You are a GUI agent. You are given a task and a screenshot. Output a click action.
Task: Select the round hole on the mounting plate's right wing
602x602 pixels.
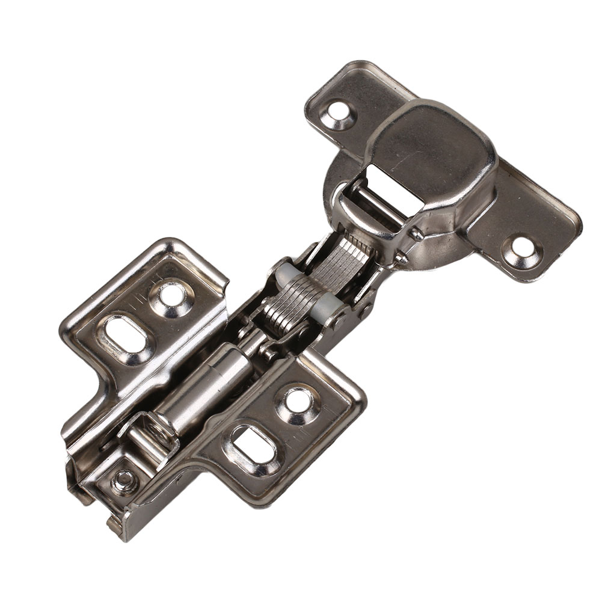(x=297, y=399)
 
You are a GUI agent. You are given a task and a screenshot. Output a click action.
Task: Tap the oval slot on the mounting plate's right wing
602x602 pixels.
(x=253, y=447)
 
